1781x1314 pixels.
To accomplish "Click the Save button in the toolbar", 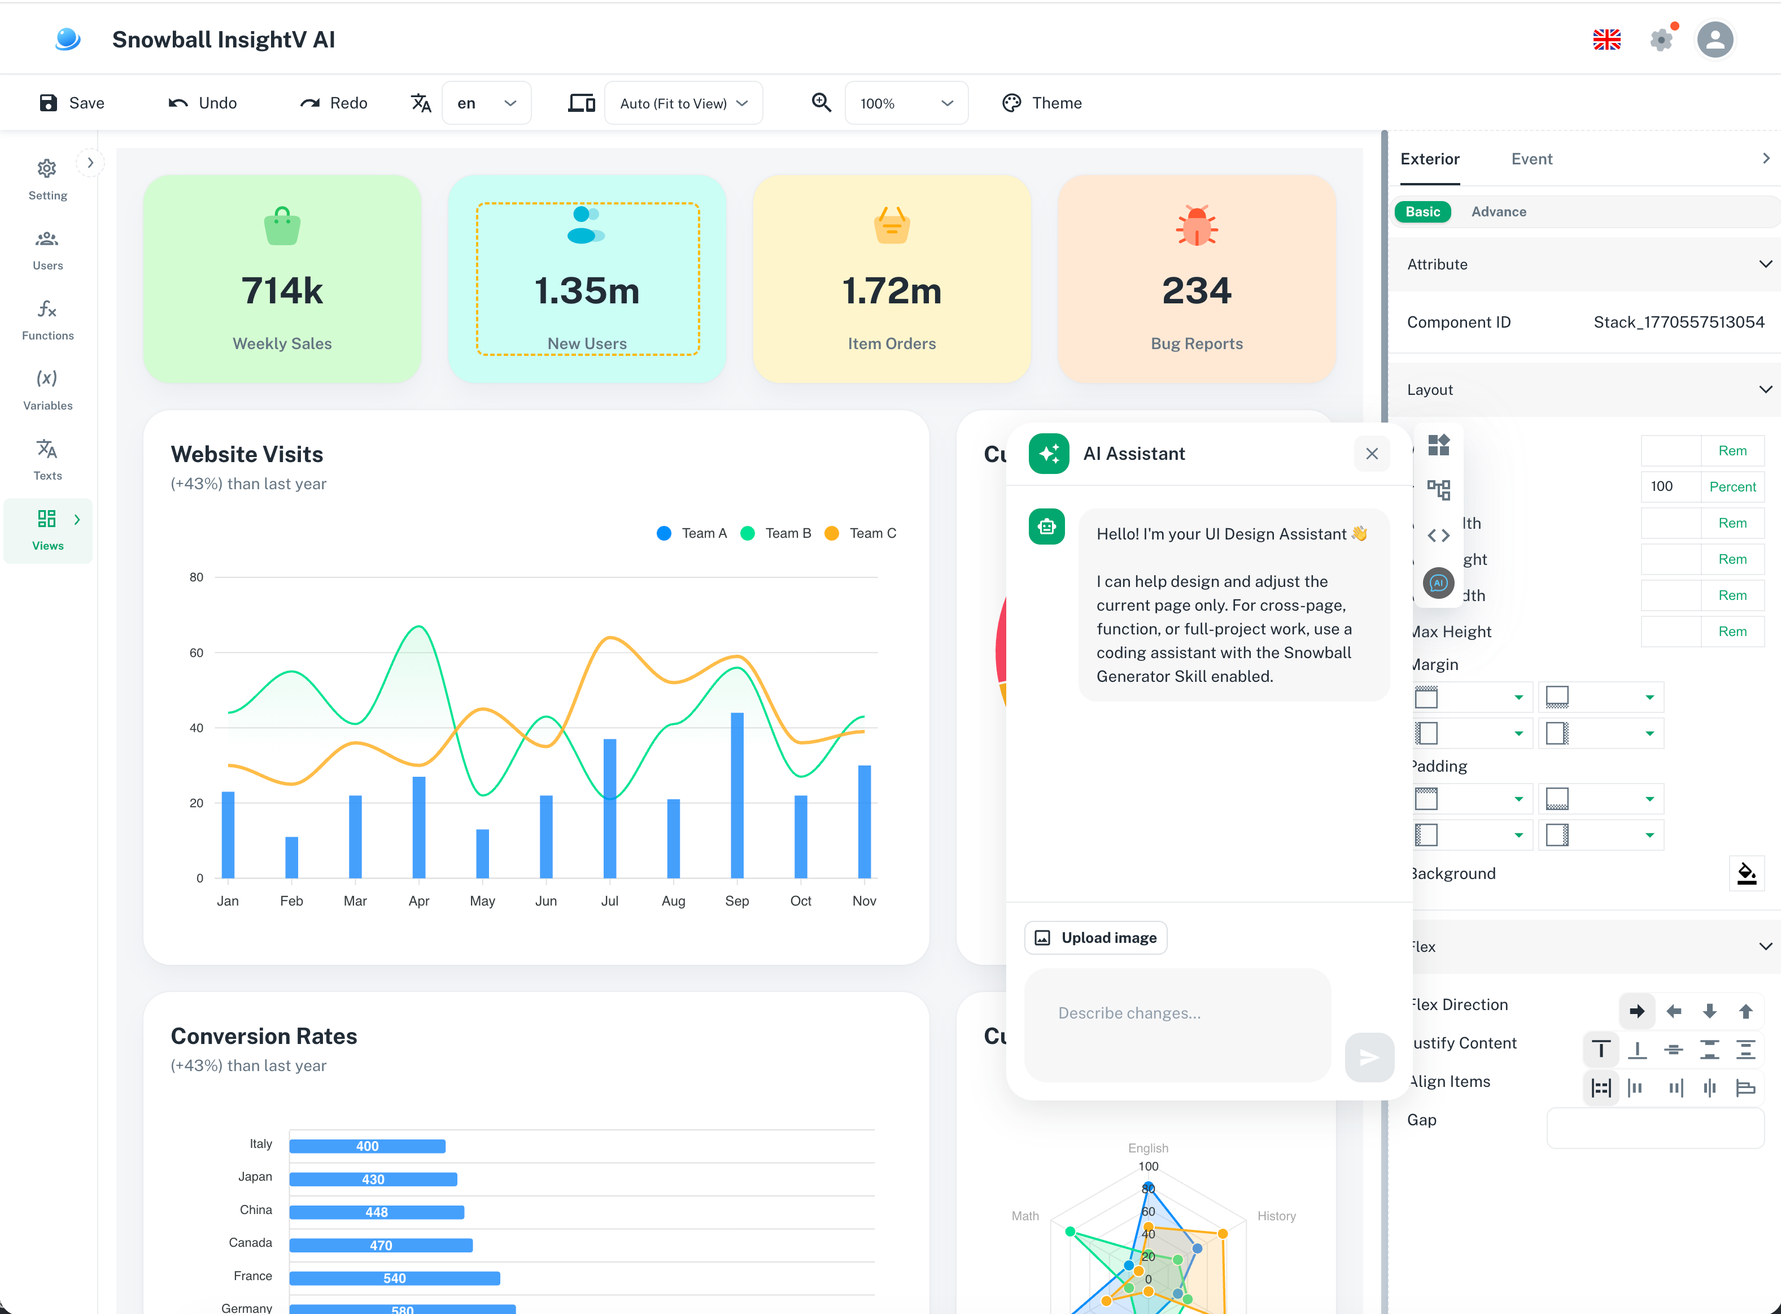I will [x=72, y=103].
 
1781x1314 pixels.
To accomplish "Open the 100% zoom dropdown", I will [x=906, y=103].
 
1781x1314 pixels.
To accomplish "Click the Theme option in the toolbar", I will [x=1042, y=103].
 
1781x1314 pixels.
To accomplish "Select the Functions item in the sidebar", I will [x=47, y=319].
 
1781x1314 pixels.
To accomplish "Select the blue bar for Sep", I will [x=737, y=795].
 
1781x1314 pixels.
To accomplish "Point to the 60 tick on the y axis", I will [x=195, y=652].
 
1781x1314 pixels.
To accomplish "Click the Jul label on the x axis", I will [x=609, y=900].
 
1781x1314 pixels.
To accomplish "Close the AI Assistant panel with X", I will [x=1372, y=454].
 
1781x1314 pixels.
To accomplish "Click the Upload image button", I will [x=1095, y=938].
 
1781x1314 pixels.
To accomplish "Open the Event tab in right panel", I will [x=1531, y=159].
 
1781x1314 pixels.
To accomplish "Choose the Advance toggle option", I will [x=1498, y=212].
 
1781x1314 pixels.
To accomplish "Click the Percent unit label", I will [x=1732, y=487].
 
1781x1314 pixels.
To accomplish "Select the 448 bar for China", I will [x=376, y=1212].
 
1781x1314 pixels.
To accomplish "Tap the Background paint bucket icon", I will [x=1746, y=873].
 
